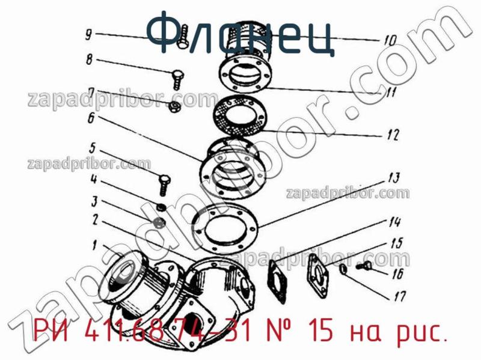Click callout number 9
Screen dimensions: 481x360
(88, 35)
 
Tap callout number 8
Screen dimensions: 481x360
(89, 59)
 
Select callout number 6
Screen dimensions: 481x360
(91, 118)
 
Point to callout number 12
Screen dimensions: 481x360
(393, 135)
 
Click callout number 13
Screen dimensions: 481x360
(394, 178)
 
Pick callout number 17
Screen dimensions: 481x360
(400, 296)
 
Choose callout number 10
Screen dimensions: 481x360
(390, 40)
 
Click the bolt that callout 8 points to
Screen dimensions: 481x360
(177, 79)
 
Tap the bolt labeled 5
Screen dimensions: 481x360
(164, 185)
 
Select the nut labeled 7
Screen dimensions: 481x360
(174, 106)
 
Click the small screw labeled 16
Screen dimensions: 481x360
(364, 266)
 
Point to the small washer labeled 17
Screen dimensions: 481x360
(344, 269)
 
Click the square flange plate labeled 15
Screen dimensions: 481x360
(319, 275)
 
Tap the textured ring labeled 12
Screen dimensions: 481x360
(241, 115)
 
